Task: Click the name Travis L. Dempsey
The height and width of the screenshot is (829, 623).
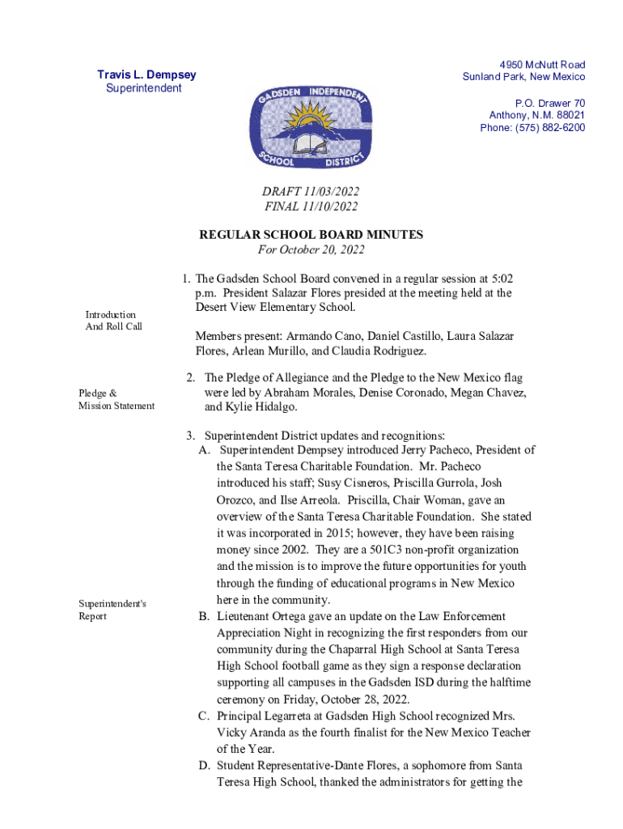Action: coord(146,75)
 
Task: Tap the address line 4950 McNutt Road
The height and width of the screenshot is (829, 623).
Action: coord(542,65)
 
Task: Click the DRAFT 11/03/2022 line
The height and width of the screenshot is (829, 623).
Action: coord(311,191)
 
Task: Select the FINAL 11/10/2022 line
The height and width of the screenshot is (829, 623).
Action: coord(311,206)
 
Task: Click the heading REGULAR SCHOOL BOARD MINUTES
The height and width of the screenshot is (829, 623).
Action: coord(311,235)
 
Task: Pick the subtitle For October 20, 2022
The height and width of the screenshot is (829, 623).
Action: coord(311,249)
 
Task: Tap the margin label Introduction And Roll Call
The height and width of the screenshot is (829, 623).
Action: coord(114,320)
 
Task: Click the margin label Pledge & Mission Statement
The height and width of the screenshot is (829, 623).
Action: coord(116,399)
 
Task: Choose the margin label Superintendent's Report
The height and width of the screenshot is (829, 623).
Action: coord(112,610)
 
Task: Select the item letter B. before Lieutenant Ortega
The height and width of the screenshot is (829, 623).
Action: coord(205,617)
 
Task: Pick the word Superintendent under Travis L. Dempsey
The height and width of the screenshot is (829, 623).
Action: coord(144,88)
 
